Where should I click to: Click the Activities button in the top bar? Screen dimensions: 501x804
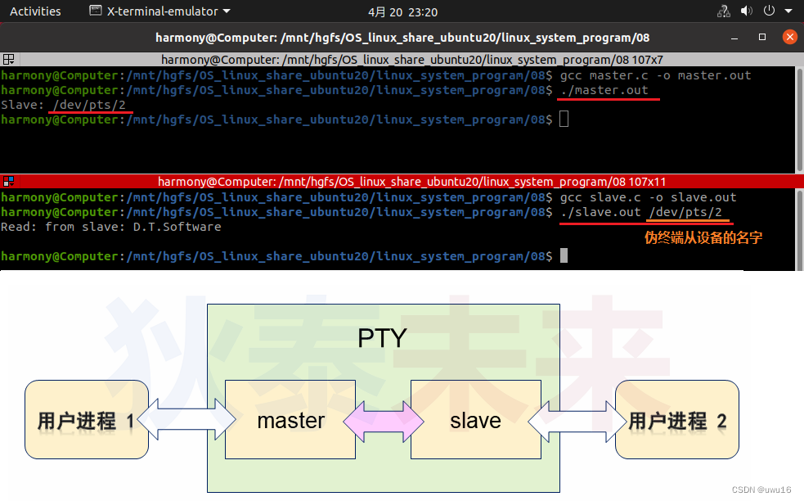click(x=35, y=11)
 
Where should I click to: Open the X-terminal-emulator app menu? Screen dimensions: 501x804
click(x=159, y=11)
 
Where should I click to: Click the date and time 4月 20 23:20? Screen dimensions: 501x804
click(x=402, y=11)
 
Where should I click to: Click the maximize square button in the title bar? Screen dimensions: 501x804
click(x=762, y=37)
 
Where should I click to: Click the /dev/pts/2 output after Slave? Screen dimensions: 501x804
click(x=89, y=105)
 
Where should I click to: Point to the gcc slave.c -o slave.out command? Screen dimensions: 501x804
click(x=648, y=197)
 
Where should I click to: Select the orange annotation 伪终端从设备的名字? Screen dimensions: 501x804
click(x=704, y=238)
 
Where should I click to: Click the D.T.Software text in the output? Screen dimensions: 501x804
click(x=177, y=227)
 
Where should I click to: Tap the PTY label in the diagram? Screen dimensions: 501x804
click(x=382, y=337)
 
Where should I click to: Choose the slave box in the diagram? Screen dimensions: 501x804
click(x=474, y=421)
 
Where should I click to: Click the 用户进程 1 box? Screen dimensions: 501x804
click(x=86, y=421)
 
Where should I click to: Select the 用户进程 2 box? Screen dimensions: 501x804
click(x=677, y=421)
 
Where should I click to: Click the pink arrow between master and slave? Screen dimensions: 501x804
click(x=383, y=422)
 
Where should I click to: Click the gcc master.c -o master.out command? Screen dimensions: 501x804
click(x=655, y=75)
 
